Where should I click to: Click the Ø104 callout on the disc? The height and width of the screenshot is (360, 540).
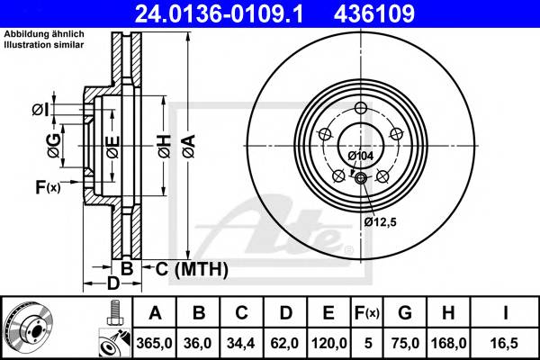point(360,157)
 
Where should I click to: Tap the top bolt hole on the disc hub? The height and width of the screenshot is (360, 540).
point(361,110)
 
